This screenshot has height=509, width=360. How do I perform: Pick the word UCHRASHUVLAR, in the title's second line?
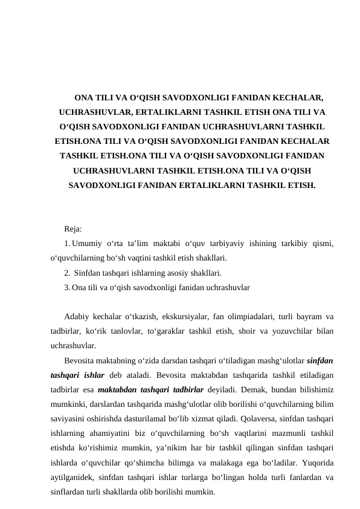coord(96,112)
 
